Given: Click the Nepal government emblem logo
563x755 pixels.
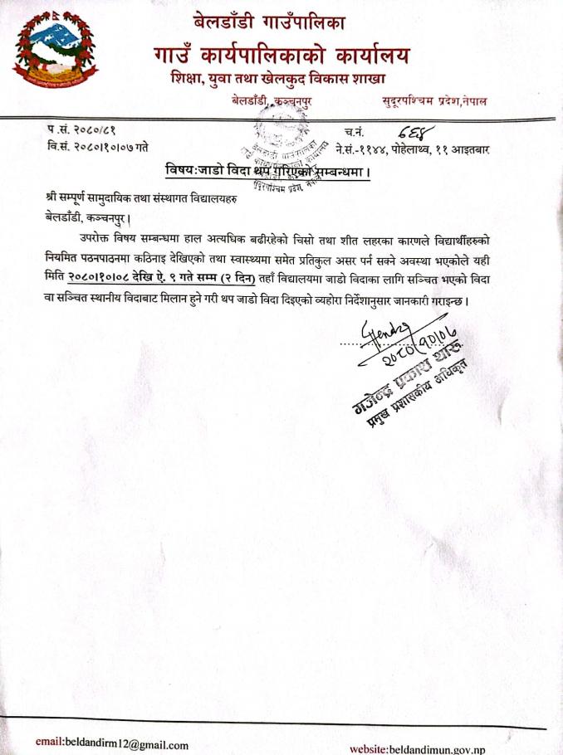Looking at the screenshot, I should [51, 49].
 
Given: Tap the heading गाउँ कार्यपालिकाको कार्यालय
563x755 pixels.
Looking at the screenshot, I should [281, 56].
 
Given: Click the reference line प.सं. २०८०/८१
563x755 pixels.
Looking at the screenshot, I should [82, 131].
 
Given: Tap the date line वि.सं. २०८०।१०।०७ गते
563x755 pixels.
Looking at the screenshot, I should [99, 147].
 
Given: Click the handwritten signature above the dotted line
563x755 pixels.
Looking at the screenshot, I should [383, 324].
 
